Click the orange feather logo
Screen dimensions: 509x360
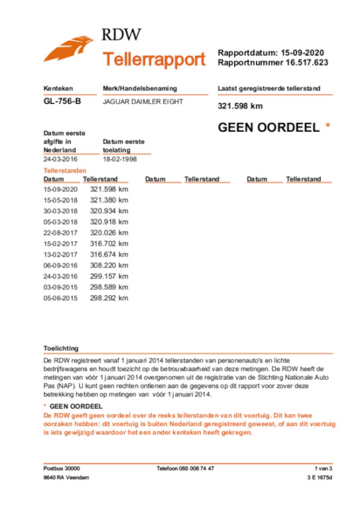(68, 49)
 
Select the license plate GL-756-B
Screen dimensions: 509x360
(62, 101)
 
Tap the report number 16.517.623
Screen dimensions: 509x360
(307, 62)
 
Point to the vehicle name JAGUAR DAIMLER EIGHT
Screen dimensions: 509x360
(143, 102)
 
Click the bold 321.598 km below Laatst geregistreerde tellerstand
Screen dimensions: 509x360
(240, 106)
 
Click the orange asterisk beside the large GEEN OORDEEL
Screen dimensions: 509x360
(328, 125)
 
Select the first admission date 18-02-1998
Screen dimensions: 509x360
(120, 159)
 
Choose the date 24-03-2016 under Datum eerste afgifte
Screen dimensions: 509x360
(60, 159)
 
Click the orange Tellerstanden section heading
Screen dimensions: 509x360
(65, 170)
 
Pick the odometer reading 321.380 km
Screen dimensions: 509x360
(109, 200)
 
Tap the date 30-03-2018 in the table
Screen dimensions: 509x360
(60, 211)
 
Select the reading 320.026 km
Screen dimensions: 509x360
(109, 233)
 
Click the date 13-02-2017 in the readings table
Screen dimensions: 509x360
(60, 254)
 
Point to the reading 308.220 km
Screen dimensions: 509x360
(109, 265)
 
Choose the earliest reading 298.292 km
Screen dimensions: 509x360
(109, 298)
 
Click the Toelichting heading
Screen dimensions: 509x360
(61, 348)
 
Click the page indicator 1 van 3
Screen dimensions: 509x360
(323, 469)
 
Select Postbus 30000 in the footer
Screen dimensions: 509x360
(62, 469)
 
